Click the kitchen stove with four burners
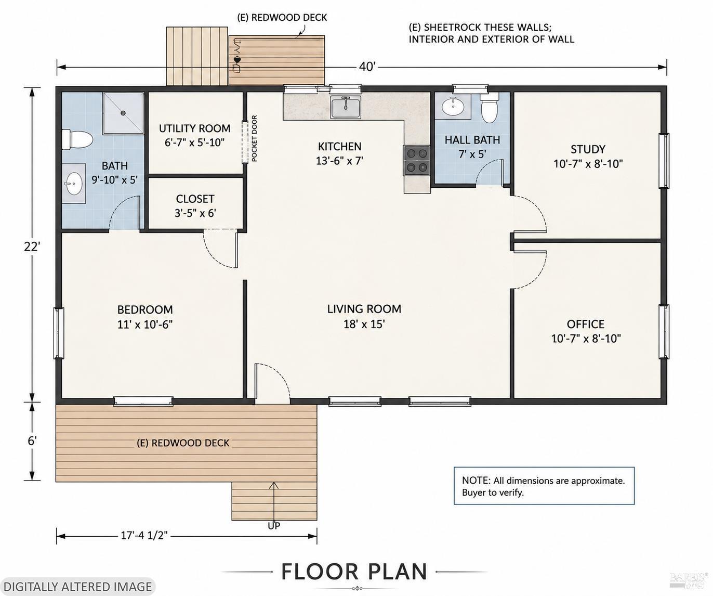click(416, 160)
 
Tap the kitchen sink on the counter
click(346, 107)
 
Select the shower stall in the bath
click(124, 113)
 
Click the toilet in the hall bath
click(490, 107)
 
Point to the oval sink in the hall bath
click(453, 107)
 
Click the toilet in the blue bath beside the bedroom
click(77, 139)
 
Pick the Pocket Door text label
click(255, 138)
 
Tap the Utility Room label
click(195, 128)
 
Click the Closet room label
click(195, 199)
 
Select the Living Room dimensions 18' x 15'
click(364, 324)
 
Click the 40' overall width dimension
click(367, 67)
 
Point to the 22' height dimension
click(32, 247)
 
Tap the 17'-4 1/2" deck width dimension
click(144, 535)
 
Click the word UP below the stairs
click(274, 526)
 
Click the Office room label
click(586, 324)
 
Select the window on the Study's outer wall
click(664, 161)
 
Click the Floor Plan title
click(354, 571)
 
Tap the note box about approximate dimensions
click(544, 486)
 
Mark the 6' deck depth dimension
click(32, 441)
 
